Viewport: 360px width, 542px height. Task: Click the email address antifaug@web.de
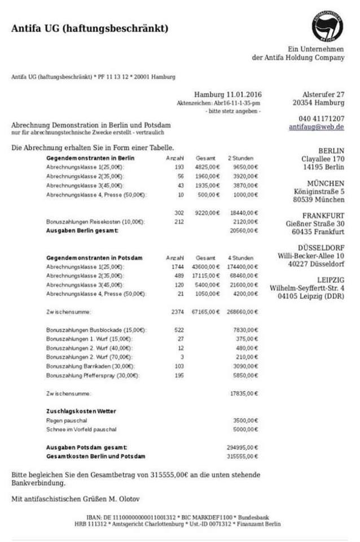316,128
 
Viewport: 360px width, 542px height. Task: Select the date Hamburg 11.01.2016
228,94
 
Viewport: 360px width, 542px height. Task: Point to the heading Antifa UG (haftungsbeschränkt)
89,28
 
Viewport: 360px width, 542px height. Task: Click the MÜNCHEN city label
326,183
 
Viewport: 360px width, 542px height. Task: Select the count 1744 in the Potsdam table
178,266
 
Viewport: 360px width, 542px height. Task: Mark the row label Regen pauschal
63,421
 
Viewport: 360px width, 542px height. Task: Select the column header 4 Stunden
240,257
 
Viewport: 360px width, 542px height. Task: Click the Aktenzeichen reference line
218,103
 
